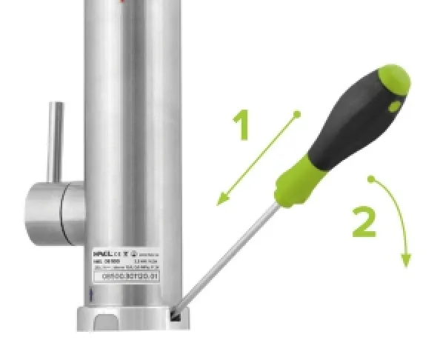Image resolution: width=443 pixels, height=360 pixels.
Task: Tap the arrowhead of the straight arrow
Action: [x=220, y=201]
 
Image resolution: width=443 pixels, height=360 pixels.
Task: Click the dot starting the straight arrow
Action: [x=296, y=114]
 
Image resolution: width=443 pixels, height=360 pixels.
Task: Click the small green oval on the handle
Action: [x=393, y=108]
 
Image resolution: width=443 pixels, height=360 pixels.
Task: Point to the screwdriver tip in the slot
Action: [x=176, y=315]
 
